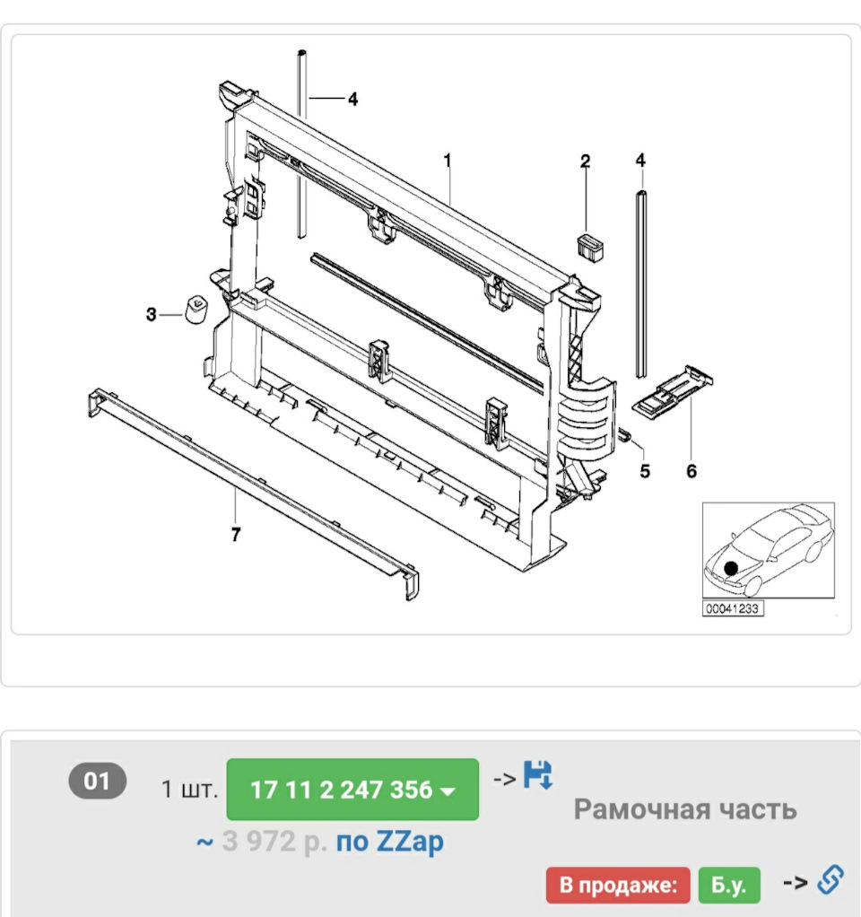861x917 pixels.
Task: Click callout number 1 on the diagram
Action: [448, 160]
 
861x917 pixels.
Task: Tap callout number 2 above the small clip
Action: [585, 161]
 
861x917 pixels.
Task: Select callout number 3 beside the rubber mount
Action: [152, 315]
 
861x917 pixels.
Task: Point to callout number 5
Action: [645, 471]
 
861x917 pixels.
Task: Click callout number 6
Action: [691, 471]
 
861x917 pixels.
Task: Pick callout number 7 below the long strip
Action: [236, 534]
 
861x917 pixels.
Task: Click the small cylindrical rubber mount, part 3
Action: [196, 310]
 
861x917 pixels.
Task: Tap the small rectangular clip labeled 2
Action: [590, 248]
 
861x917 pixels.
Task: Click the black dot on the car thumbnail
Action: [731, 568]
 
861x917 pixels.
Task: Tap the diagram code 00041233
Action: [733, 608]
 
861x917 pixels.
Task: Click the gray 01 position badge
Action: [98, 781]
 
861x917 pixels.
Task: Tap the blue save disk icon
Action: [538, 775]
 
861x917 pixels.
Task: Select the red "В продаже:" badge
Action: [618, 885]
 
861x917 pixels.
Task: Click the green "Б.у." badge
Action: [729, 885]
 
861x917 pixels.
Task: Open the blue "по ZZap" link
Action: [389, 843]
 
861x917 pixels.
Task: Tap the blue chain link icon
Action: [830, 880]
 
